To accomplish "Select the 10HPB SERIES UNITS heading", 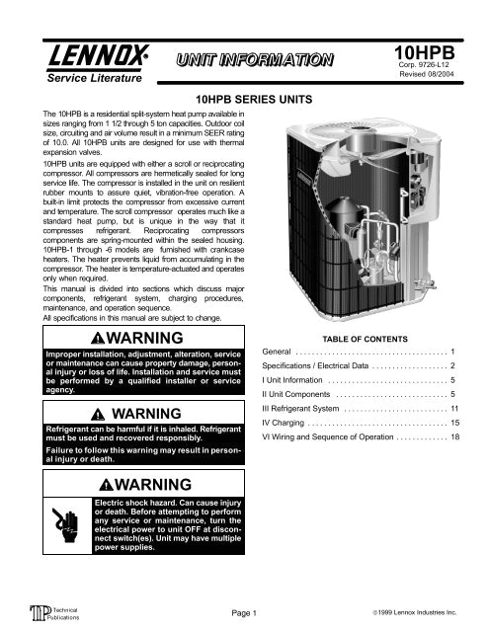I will click(244, 101).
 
